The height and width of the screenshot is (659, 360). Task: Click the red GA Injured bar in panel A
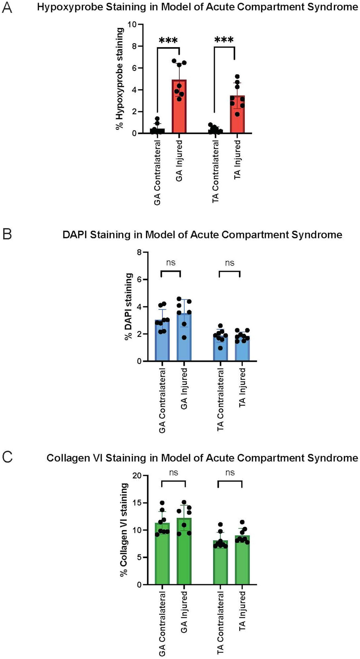point(179,110)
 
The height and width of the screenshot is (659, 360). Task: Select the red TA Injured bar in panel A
point(237,118)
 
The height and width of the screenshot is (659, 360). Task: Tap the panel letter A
point(7,8)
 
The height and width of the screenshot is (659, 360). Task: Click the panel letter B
point(7,235)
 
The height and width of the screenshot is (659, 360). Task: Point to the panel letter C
point(7,457)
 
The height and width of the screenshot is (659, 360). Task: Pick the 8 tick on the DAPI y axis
point(140,252)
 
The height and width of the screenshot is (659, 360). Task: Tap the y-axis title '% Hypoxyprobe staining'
point(120,79)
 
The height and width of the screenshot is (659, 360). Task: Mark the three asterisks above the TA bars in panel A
point(224,41)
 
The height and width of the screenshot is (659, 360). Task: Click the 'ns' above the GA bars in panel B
point(171,262)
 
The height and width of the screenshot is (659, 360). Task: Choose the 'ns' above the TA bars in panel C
point(230,472)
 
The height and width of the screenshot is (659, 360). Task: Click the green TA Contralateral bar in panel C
point(220,563)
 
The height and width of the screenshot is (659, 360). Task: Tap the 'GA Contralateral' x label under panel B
point(162,401)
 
